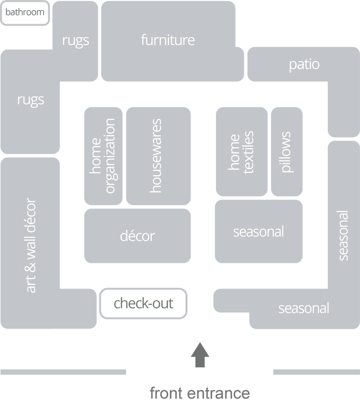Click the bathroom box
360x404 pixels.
(x=24, y=12)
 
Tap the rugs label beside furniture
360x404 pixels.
(x=75, y=40)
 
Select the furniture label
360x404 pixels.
(x=167, y=40)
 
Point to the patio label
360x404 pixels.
(x=304, y=65)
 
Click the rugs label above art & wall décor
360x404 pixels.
(x=31, y=100)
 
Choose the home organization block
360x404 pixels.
(x=103, y=156)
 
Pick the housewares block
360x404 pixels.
(x=158, y=156)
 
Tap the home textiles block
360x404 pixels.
(x=241, y=152)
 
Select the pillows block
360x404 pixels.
(x=287, y=152)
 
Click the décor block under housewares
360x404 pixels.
(x=137, y=236)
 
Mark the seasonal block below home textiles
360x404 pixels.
(x=258, y=232)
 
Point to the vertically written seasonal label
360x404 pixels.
(x=343, y=235)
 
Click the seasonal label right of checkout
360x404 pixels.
(x=303, y=309)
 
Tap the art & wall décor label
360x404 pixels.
(x=31, y=246)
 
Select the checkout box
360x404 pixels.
(x=144, y=303)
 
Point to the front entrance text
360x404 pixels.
(x=200, y=393)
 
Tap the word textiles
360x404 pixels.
(x=248, y=152)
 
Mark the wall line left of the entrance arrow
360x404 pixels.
(x=63, y=372)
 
